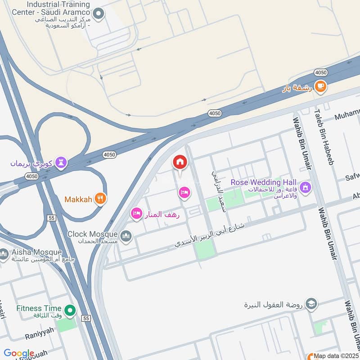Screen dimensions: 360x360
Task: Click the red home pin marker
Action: (x=180, y=162)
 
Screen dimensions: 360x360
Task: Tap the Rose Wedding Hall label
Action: (x=264, y=182)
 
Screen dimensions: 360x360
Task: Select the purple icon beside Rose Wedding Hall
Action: (x=306, y=186)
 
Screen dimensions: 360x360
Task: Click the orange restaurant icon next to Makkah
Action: (x=100, y=198)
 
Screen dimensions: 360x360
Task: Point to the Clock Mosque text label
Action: (x=93, y=234)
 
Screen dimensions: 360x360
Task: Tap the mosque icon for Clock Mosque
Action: (x=126, y=235)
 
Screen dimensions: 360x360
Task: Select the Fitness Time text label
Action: (x=39, y=308)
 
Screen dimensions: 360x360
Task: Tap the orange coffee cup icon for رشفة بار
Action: (x=320, y=86)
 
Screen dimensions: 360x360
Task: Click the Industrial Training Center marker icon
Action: (x=99, y=15)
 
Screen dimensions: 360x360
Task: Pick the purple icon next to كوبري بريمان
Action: (x=61, y=162)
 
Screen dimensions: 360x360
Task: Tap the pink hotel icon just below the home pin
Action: (x=184, y=193)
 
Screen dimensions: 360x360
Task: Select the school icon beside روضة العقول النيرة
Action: (x=311, y=305)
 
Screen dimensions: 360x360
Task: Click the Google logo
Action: (x=19, y=353)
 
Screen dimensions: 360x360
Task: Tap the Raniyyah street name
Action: (x=39, y=330)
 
